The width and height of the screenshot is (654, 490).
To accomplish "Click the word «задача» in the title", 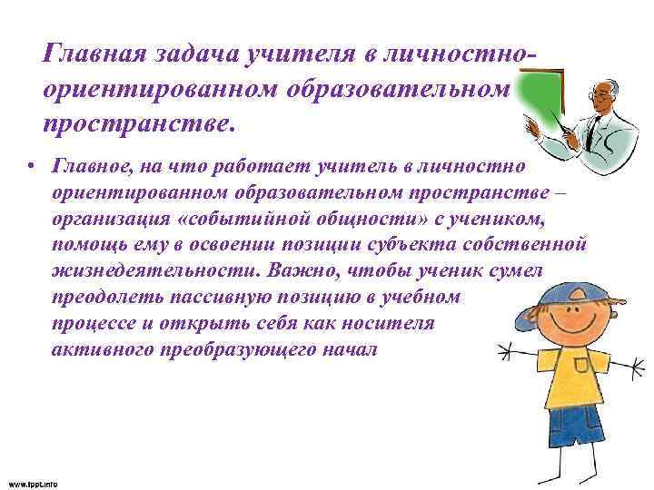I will tap(193, 55).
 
